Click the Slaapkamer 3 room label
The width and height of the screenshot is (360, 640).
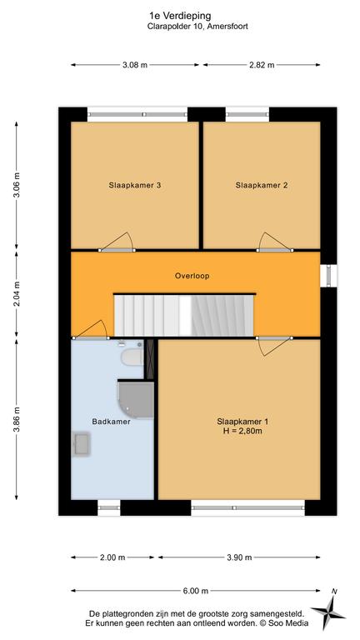point(135,185)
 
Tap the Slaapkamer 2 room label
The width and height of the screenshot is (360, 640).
point(262,185)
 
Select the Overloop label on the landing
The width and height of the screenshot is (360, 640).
point(192,276)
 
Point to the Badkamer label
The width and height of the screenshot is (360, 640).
point(111,422)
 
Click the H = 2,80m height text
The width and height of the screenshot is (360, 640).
point(242,430)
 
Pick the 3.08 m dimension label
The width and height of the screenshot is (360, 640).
point(135,64)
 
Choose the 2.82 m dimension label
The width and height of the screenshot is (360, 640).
point(262,64)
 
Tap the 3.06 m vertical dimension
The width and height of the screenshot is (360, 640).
point(17,185)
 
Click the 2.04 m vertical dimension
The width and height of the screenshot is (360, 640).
point(17,294)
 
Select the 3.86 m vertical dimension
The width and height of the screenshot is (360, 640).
point(17,419)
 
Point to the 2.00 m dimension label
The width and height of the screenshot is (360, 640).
point(112,557)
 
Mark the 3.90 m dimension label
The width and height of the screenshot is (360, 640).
point(239,557)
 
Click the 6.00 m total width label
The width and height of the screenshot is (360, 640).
point(196,590)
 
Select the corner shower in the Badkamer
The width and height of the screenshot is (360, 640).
point(136,400)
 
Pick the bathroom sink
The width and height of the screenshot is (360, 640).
point(82,444)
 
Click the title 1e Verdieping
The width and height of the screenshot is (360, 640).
point(180,16)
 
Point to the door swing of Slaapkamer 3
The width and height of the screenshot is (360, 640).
point(117,242)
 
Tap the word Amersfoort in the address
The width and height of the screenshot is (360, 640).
point(229,27)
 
